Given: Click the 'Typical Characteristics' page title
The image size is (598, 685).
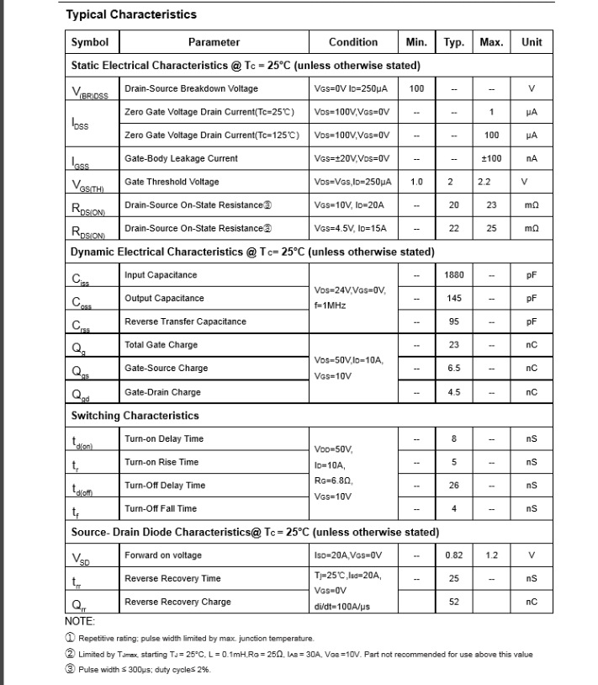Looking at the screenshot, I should coord(130,14).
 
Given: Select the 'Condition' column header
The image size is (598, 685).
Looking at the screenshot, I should coord(352,42).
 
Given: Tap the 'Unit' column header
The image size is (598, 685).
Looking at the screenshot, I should coord(532,42).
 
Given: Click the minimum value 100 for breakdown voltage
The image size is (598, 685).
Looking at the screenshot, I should coord(416,88).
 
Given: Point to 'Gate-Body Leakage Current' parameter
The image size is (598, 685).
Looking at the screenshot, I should coord(181,158).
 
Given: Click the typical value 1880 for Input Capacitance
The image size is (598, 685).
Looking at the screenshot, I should coord(454,275).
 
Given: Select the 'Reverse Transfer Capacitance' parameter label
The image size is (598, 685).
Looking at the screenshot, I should coord(185,321).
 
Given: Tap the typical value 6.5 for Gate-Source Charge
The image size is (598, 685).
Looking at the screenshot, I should coord(454,368).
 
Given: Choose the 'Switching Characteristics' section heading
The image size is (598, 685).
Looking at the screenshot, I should coord(135,416).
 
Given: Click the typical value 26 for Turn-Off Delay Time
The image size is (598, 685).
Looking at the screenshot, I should coord(454,486).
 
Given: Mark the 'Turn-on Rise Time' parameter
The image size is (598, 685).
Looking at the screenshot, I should coord(161,462).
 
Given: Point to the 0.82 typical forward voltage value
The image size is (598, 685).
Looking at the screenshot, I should coord(454,555).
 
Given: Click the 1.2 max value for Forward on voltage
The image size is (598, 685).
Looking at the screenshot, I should coord(491,555).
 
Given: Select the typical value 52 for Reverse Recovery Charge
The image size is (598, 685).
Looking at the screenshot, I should coord(454,602).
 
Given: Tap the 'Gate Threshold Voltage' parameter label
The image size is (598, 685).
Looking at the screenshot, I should coord(172,182).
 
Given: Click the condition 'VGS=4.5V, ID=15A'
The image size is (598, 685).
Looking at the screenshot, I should coord(352,228).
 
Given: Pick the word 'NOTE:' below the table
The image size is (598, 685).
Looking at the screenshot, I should coord(80,621).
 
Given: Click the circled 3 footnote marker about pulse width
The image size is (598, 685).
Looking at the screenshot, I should coord(70,670).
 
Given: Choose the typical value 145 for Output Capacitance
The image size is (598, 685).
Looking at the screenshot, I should coord(454,298).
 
